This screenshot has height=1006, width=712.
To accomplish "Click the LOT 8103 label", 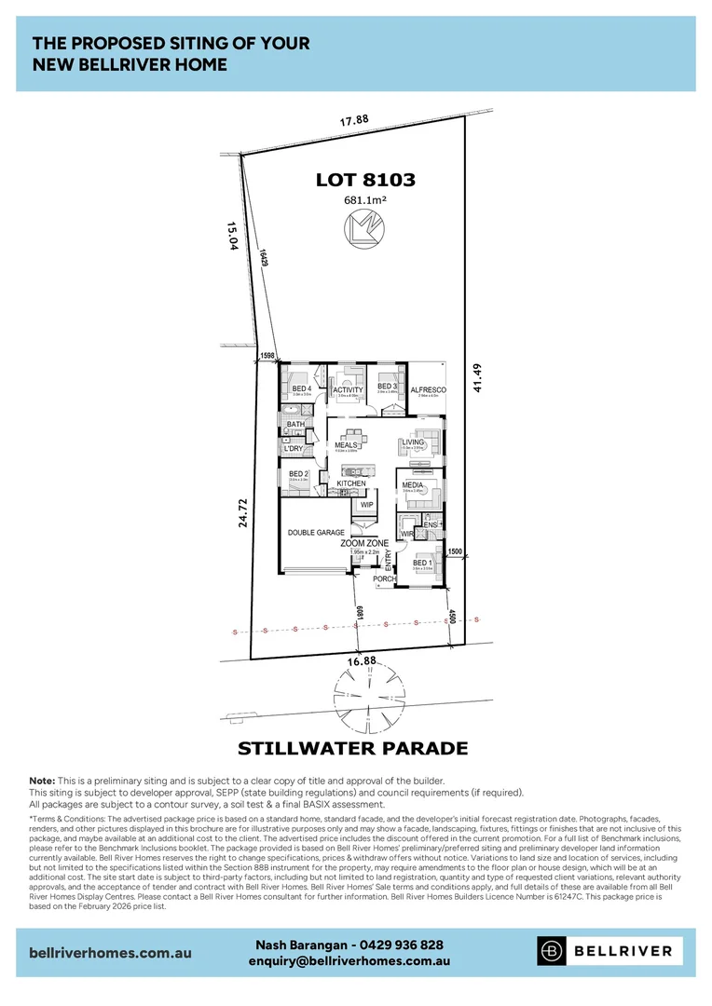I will tap(365, 181).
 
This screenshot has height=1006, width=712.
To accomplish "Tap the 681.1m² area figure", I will tap(365, 199).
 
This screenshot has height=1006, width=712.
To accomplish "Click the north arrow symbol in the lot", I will tap(362, 227).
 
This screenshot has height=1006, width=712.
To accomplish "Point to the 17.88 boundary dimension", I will tap(354, 119).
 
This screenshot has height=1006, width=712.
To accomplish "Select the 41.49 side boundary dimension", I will tap(479, 377).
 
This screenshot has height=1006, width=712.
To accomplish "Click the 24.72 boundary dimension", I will tap(243, 512).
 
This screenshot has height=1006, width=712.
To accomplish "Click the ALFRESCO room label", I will tap(428, 389).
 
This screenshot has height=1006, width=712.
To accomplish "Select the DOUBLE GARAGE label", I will tap(316, 532).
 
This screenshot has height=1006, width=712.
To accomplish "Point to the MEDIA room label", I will tap(413, 485).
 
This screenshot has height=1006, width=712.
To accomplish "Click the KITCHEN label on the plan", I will tap(351, 483).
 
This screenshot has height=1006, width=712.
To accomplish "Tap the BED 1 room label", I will tap(422, 563).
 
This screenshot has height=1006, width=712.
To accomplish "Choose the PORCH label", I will tap(385, 579).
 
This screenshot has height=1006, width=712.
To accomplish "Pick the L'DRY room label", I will tap(294, 448).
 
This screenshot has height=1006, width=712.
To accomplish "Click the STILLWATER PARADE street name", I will tap(352, 748).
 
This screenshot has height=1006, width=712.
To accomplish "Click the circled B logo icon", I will tap(553, 951).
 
